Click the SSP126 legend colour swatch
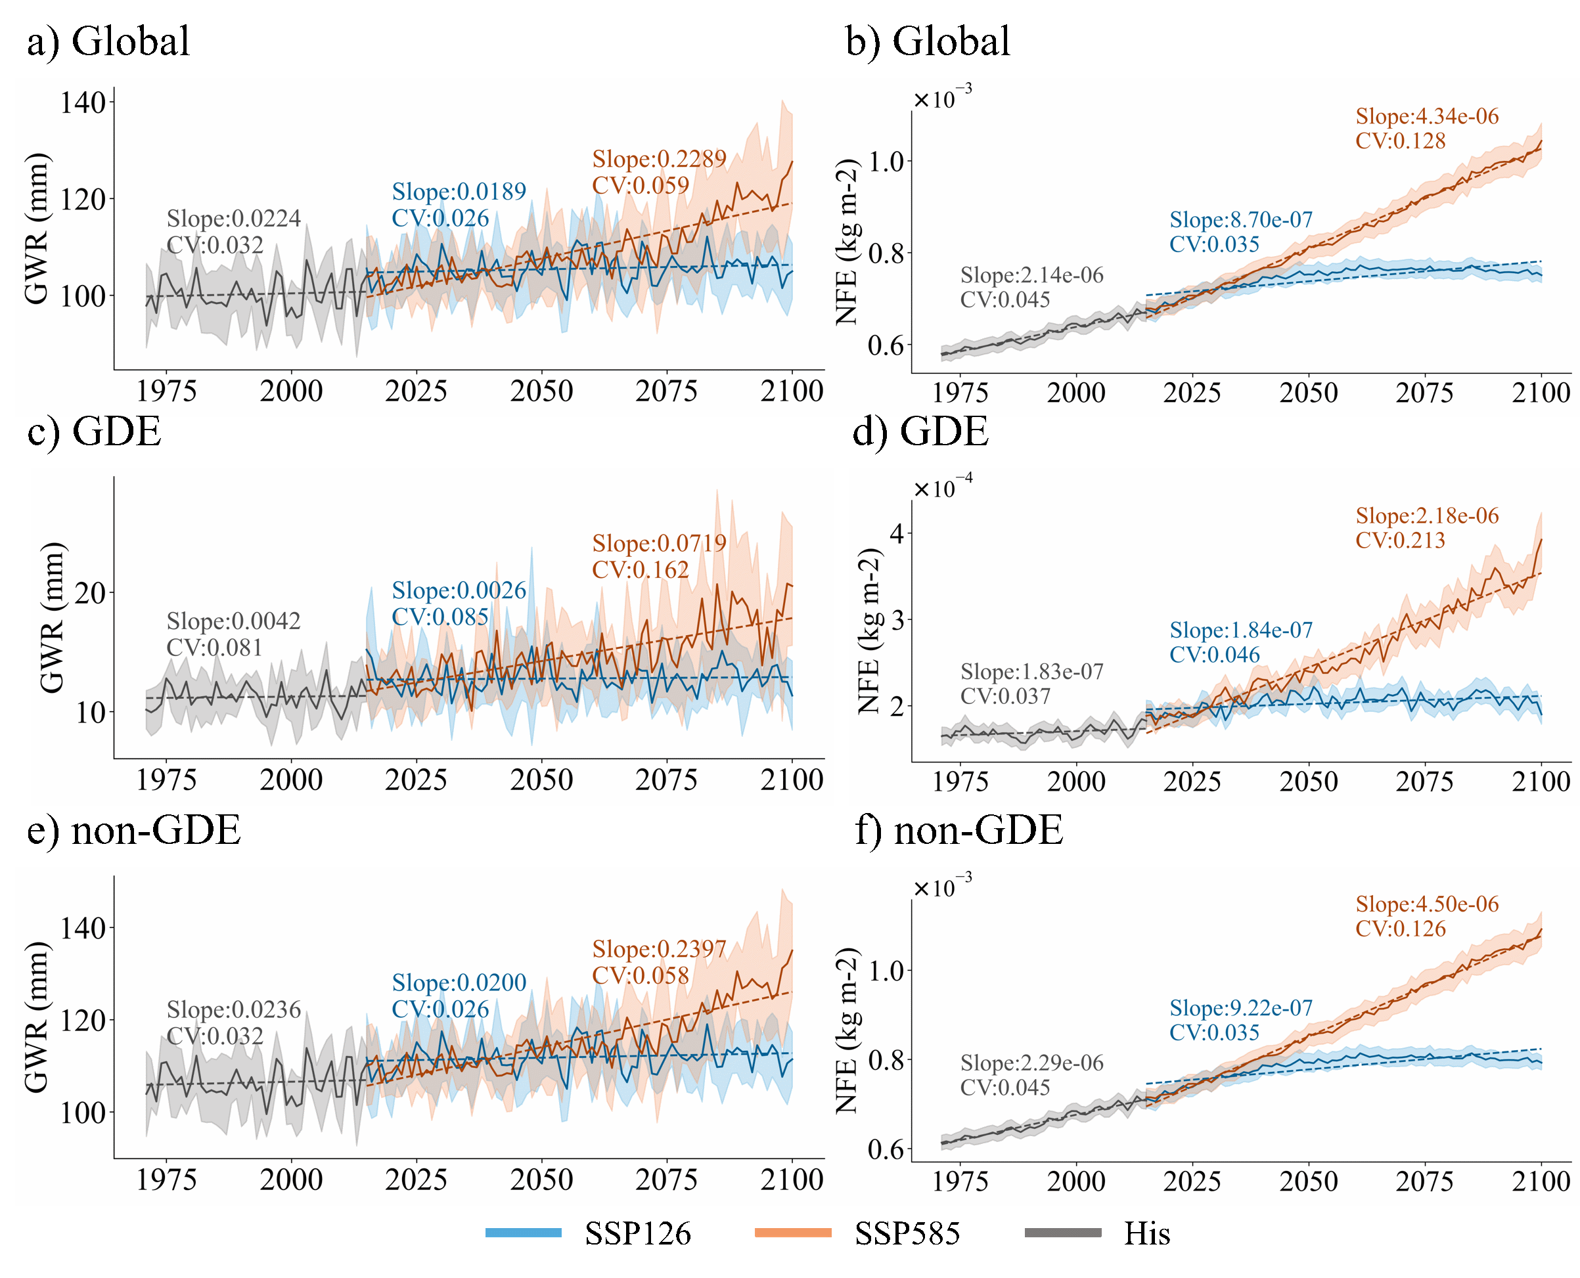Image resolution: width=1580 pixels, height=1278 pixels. [524, 1232]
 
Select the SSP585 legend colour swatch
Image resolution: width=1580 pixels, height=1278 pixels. [793, 1232]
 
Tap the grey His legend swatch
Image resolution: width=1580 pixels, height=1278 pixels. [1062, 1232]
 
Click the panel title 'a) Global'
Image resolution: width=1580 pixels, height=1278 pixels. [108, 41]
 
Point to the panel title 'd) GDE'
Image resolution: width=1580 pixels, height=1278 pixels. [920, 431]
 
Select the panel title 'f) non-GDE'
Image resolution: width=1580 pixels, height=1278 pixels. [959, 830]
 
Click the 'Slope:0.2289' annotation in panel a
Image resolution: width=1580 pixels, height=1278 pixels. [659, 159]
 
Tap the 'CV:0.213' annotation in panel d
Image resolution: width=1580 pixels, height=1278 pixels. [1401, 540]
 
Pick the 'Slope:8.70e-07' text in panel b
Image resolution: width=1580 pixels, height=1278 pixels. [1240, 219]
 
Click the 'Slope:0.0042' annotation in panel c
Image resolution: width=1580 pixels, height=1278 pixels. [233, 621]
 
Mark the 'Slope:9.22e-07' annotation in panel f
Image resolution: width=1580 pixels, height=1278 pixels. [1240, 1008]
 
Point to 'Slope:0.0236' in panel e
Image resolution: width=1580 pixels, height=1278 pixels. [233, 1009]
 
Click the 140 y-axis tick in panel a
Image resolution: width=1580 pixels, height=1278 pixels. [83, 102]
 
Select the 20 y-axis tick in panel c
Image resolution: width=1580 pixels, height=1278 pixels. [90, 592]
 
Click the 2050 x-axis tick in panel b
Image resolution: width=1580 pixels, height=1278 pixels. [1308, 392]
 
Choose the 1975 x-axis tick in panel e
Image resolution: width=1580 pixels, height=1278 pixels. [166, 1179]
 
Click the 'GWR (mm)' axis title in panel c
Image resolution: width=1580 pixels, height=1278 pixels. [51, 619]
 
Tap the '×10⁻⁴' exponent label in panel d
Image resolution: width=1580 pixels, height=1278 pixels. [942, 487]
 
